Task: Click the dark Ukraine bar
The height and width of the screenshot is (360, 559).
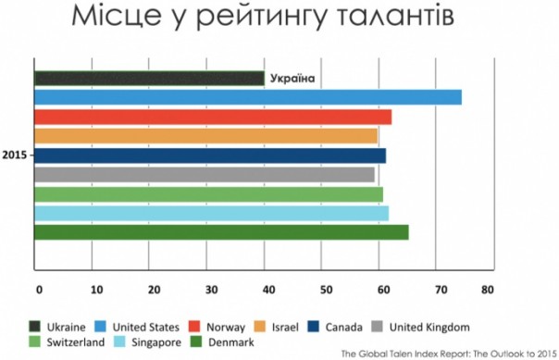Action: pyautogui.click(x=148, y=79)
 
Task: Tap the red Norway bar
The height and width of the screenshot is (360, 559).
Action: pyautogui.click(x=212, y=117)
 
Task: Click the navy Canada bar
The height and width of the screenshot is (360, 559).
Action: pyautogui.click(x=209, y=155)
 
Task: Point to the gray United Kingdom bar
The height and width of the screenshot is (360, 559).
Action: pyautogui.click(x=204, y=175)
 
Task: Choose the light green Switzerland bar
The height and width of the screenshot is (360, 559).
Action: pyautogui.click(x=208, y=194)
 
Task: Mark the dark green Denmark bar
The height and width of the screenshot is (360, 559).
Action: pyautogui.click(x=221, y=232)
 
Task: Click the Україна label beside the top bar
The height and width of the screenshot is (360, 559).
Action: pyautogui.click(x=292, y=79)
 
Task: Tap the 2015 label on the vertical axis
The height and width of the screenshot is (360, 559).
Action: pyautogui.click(x=14, y=155)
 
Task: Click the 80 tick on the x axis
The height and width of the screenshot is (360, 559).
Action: pyautogui.click(x=488, y=288)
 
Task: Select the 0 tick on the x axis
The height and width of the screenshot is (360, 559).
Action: pyautogui.click(x=39, y=288)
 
